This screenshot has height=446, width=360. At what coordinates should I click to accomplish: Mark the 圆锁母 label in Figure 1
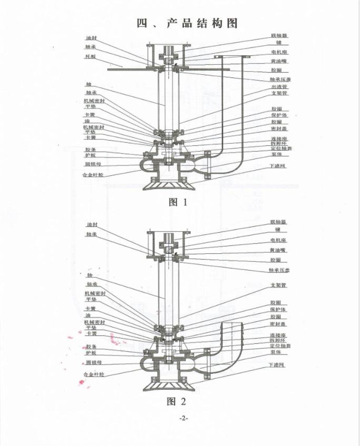coord(93,164)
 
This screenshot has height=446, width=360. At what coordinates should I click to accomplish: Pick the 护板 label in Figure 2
coord(90,352)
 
